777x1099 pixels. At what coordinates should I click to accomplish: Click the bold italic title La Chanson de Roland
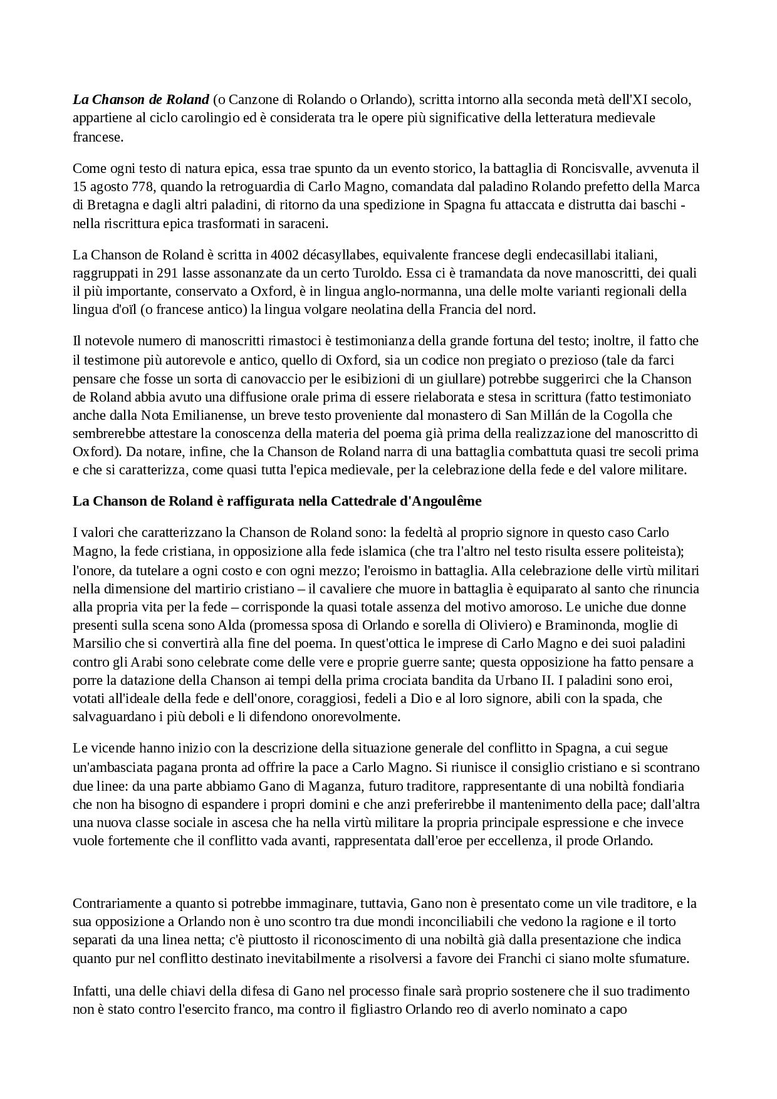[140, 99]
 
